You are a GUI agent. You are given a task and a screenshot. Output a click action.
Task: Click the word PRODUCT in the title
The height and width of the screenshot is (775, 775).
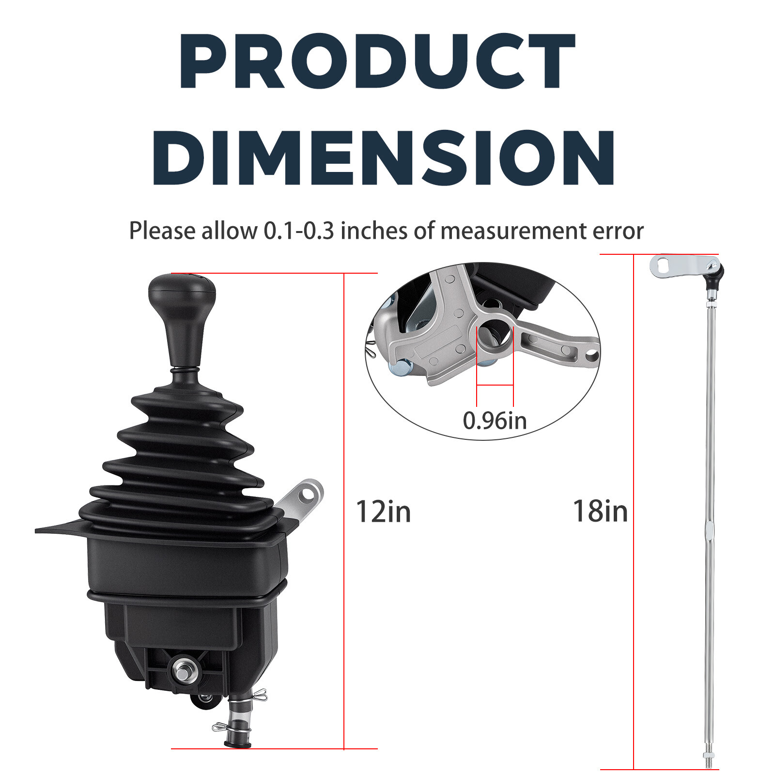377,61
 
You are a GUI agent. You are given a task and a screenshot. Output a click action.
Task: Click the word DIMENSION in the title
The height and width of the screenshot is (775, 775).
384,158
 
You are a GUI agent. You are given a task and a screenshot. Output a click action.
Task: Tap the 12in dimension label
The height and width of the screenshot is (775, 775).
383,511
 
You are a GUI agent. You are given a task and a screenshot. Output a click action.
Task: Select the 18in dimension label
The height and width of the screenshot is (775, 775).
600,511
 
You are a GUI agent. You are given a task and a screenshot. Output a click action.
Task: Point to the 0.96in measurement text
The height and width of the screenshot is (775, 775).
495,420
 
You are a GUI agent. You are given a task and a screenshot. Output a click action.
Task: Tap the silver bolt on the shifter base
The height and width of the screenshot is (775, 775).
185,671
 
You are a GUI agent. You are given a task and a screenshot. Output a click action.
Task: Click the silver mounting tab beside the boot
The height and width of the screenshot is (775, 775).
301,500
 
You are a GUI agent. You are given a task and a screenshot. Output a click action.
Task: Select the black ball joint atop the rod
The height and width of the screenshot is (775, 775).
715,276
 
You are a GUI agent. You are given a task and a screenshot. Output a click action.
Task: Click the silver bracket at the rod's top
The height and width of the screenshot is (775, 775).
683,266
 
